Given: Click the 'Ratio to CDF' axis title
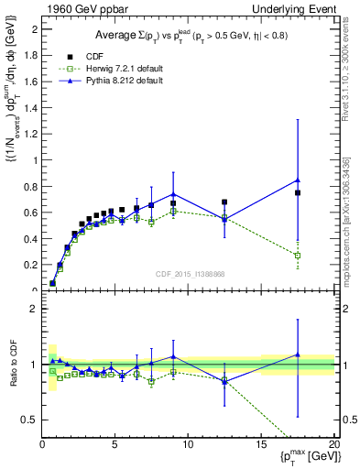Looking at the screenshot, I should [x=12, y=365].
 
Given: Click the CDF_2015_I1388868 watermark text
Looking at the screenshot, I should [x=189, y=275].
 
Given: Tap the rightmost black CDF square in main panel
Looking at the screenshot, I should [x=298, y=193].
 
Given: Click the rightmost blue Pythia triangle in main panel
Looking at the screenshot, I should [x=298, y=180].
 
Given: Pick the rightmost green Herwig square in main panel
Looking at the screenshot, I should [x=298, y=256].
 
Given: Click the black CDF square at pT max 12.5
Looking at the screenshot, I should [x=224, y=202].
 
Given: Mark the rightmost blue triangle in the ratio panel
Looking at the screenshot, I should [x=298, y=354].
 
